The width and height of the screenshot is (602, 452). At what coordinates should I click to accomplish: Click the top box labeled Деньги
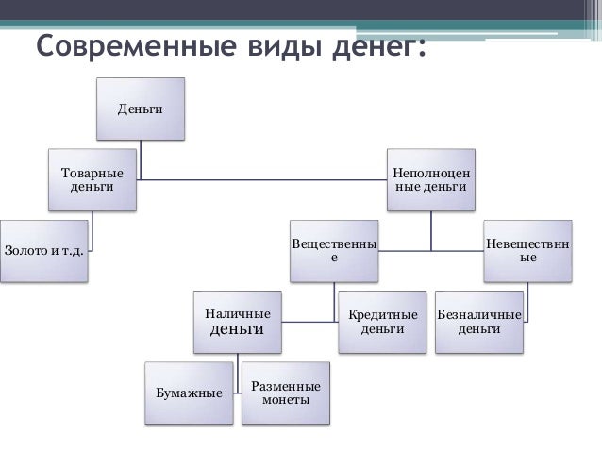pyautogui.click(x=140, y=109)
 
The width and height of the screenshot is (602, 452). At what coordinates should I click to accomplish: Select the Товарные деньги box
pyautogui.click(x=92, y=179)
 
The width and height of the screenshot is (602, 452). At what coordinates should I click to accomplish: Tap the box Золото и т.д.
pyautogui.click(x=43, y=251)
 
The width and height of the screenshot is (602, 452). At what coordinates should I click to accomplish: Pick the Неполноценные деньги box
pyautogui.click(x=431, y=179)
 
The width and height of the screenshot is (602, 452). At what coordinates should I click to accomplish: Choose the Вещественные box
pyautogui.click(x=333, y=250)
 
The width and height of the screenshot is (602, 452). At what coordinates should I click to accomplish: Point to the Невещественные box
pyautogui.click(x=528, y=250)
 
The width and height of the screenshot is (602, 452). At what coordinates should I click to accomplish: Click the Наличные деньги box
pyautogui.click(x=237, y=322)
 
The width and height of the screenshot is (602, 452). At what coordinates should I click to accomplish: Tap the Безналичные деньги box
pyautogui.click(x=478, y=322)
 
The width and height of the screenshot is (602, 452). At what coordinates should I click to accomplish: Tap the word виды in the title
pyautogui.click(x=269, y=45)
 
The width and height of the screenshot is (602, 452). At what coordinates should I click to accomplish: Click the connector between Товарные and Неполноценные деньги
pyautogui.click(x=264, y=179)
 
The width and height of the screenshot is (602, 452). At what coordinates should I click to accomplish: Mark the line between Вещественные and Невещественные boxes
pyautogui.click(x=430, y=251)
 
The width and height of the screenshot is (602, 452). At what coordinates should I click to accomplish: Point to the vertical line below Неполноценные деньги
pyautogui.click(x=431, y=231)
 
